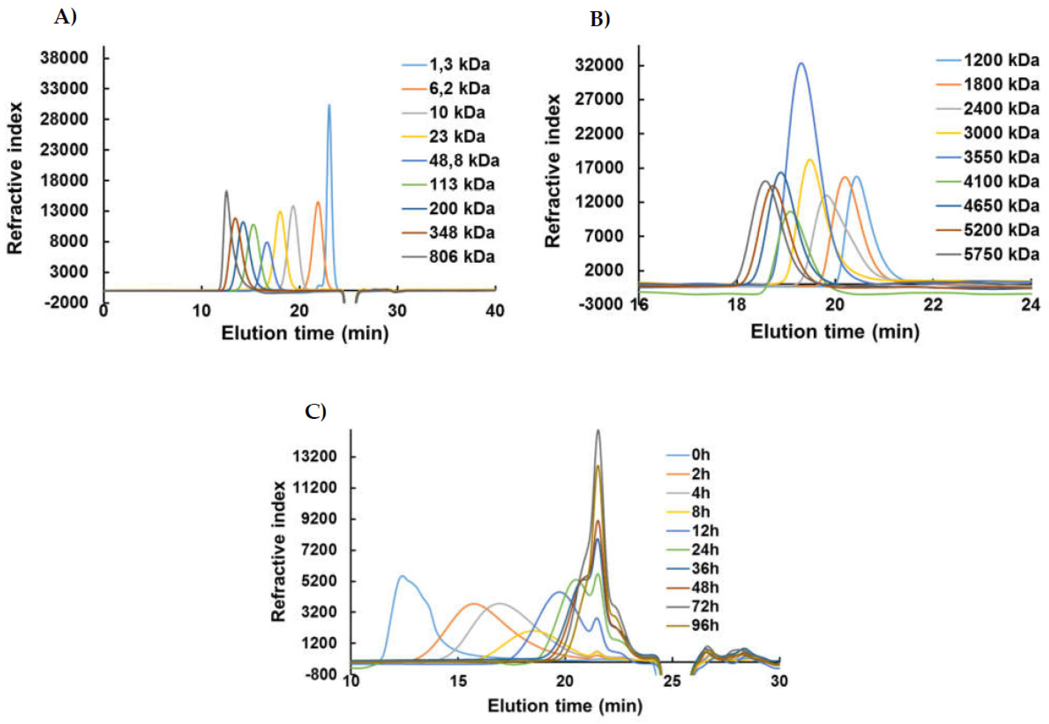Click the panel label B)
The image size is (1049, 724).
(600, 19)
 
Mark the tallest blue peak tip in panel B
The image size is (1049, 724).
(801, 63)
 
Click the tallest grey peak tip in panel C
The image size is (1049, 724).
(598, 430)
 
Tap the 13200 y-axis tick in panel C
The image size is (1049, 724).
(315, 456)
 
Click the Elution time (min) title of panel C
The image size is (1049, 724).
(565, 705)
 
